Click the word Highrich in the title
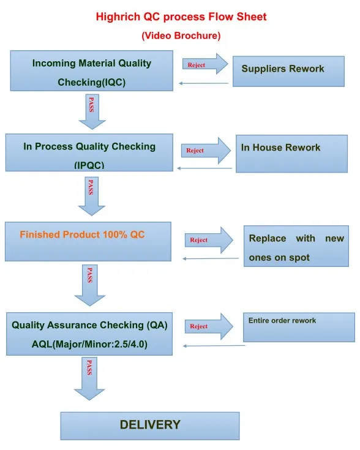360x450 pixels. (x=118, y=17)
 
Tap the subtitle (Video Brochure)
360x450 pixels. (x=181, y=36)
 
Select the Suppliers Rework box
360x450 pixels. (x=288, y=71)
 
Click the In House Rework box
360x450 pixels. (x=291, y=154)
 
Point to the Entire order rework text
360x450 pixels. (x=282, y=320)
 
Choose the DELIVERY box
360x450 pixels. (x=150, y=426)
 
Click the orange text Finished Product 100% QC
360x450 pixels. (x=82, y=234)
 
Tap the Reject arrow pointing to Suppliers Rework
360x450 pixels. (x=205, y=64)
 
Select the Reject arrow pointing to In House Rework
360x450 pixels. (x=206, y=151)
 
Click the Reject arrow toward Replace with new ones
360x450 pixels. (x=209, y=240)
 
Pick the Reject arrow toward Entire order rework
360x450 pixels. (x=209, y=326)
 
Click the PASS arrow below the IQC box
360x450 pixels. (x=92, y=111)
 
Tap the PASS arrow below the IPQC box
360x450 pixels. (x=92, y=196)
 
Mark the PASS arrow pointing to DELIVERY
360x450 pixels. (x=89, y=378)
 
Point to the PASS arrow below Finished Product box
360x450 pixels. (x=90, y=285)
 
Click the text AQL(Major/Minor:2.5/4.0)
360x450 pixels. (x=89, y=344)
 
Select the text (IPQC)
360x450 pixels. (x=89, y=165)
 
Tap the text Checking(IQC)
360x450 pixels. (x=92, y=83)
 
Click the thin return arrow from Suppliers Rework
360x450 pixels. (x=203, y=83)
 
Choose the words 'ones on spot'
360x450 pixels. (x=279, y=257)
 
